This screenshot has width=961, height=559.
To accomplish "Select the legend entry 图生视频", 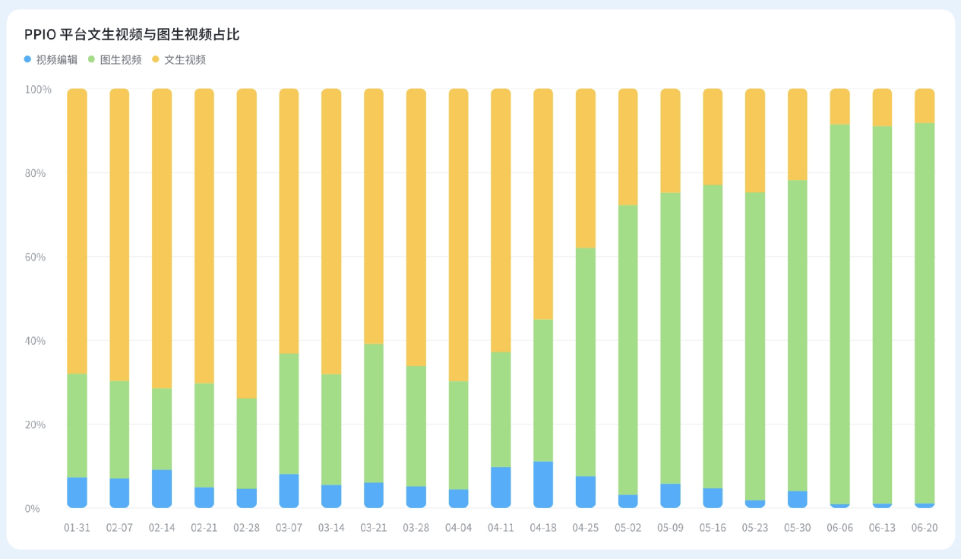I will [x=121, y=59].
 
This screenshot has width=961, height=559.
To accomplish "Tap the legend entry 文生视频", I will [x=185, y=59].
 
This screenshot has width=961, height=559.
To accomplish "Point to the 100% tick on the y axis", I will [x=38, y=90].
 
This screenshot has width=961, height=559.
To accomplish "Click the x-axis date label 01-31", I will [x=77, y=527].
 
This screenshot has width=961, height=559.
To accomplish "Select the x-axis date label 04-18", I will [x=542, y=527].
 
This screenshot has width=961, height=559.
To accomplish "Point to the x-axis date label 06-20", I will [x=924, y=527].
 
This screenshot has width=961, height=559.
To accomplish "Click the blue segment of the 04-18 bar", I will [x=542, y=485].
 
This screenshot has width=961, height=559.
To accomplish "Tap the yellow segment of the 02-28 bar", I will [x=246, y=243].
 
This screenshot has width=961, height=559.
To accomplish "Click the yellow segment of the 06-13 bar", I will [x=882, y=107].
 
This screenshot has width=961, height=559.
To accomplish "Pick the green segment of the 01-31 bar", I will [x=77, y=425].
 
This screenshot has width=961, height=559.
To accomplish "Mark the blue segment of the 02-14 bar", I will [x=162, y=488].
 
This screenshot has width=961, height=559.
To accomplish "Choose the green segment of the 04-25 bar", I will [x=585, y=362].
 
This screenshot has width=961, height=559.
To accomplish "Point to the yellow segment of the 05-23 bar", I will [x=754, y=141].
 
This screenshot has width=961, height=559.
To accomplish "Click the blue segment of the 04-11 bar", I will [x=501, y=487].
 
